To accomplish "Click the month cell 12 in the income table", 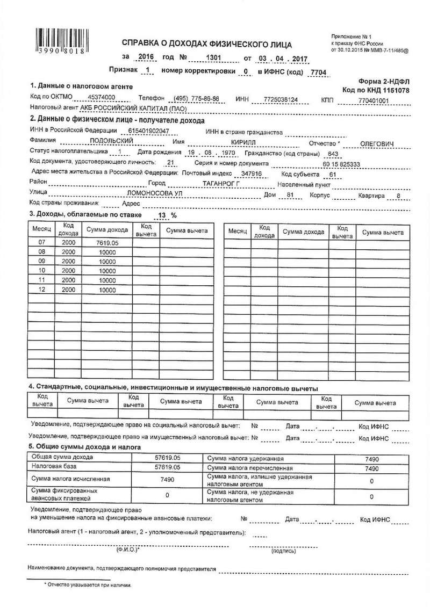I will click(x=41, y=290).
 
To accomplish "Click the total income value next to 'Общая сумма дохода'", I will click(x=167, y=457).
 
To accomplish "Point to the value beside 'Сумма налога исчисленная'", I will click(x=167, y=479).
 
